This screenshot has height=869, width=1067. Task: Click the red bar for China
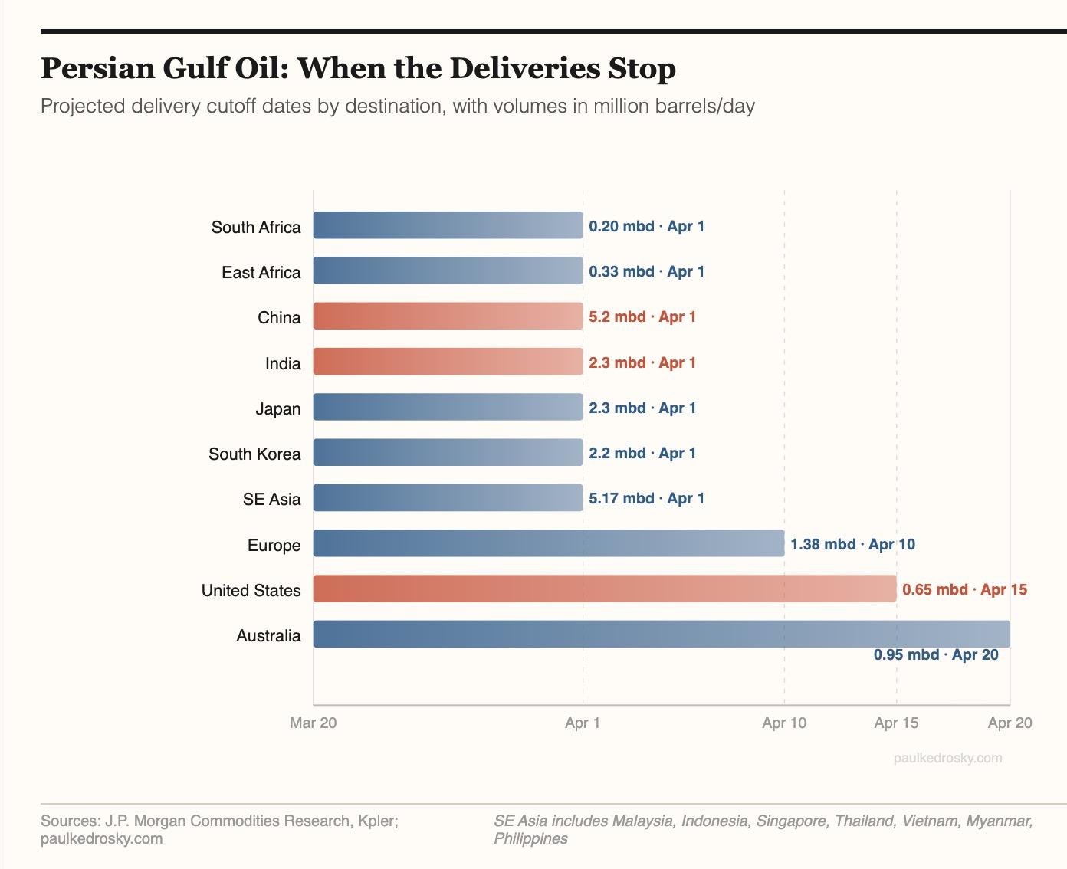click(448, 316)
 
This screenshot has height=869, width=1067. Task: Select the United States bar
click(605, 589)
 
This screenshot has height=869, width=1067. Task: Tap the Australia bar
click(662, 634)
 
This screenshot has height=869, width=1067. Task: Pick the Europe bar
click(549, 543)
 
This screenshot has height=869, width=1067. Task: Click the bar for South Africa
click(448, 225)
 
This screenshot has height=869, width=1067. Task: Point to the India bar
click(448, 361)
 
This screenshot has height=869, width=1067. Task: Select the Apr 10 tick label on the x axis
click(784, 723)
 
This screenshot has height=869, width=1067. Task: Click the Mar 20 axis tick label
click(313, 723)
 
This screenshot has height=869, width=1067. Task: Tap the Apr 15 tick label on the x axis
click(896, 723)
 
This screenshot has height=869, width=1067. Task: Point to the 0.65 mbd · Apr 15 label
click(964, 589)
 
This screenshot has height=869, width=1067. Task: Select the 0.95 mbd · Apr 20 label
click(936, 654)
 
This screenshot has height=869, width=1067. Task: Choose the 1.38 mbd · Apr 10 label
click(852, 544)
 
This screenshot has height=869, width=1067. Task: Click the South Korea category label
click(254, 454)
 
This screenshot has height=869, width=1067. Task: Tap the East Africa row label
click(261, 273)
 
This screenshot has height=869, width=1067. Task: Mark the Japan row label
click(278, 409)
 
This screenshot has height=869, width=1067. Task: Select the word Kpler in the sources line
click(377, 821)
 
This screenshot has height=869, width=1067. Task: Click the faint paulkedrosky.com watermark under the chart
click(947, 758)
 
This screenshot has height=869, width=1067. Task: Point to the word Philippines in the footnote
click(530, 838)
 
